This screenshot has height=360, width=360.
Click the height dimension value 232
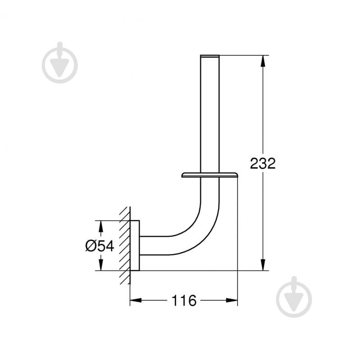[x=263, y=163]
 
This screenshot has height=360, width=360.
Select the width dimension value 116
[x=184, y=301]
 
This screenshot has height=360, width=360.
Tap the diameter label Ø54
[x=99, y=246]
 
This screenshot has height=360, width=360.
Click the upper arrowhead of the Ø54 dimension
[x=100, y=224]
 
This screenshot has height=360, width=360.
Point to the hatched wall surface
[x=125, y=246]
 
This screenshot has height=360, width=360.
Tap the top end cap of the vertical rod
[x=210, y=56]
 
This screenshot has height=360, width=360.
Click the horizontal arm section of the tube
[x=162, y=246]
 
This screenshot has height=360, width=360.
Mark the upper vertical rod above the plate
[x=210, y=113]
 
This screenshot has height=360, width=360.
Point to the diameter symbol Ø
[x=90, y=246]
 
